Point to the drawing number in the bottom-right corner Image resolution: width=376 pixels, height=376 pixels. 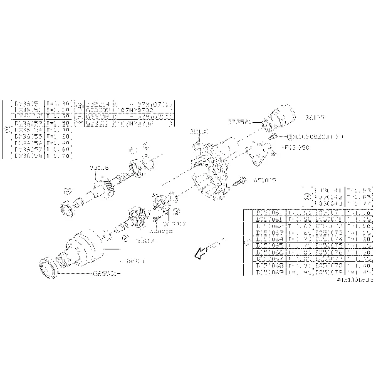353,282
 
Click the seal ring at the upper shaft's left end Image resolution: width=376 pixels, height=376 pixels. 66,207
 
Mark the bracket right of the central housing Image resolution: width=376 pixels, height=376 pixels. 258,152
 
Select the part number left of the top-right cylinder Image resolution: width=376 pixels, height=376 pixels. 239,121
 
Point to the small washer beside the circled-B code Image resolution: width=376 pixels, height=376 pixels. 274,135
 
